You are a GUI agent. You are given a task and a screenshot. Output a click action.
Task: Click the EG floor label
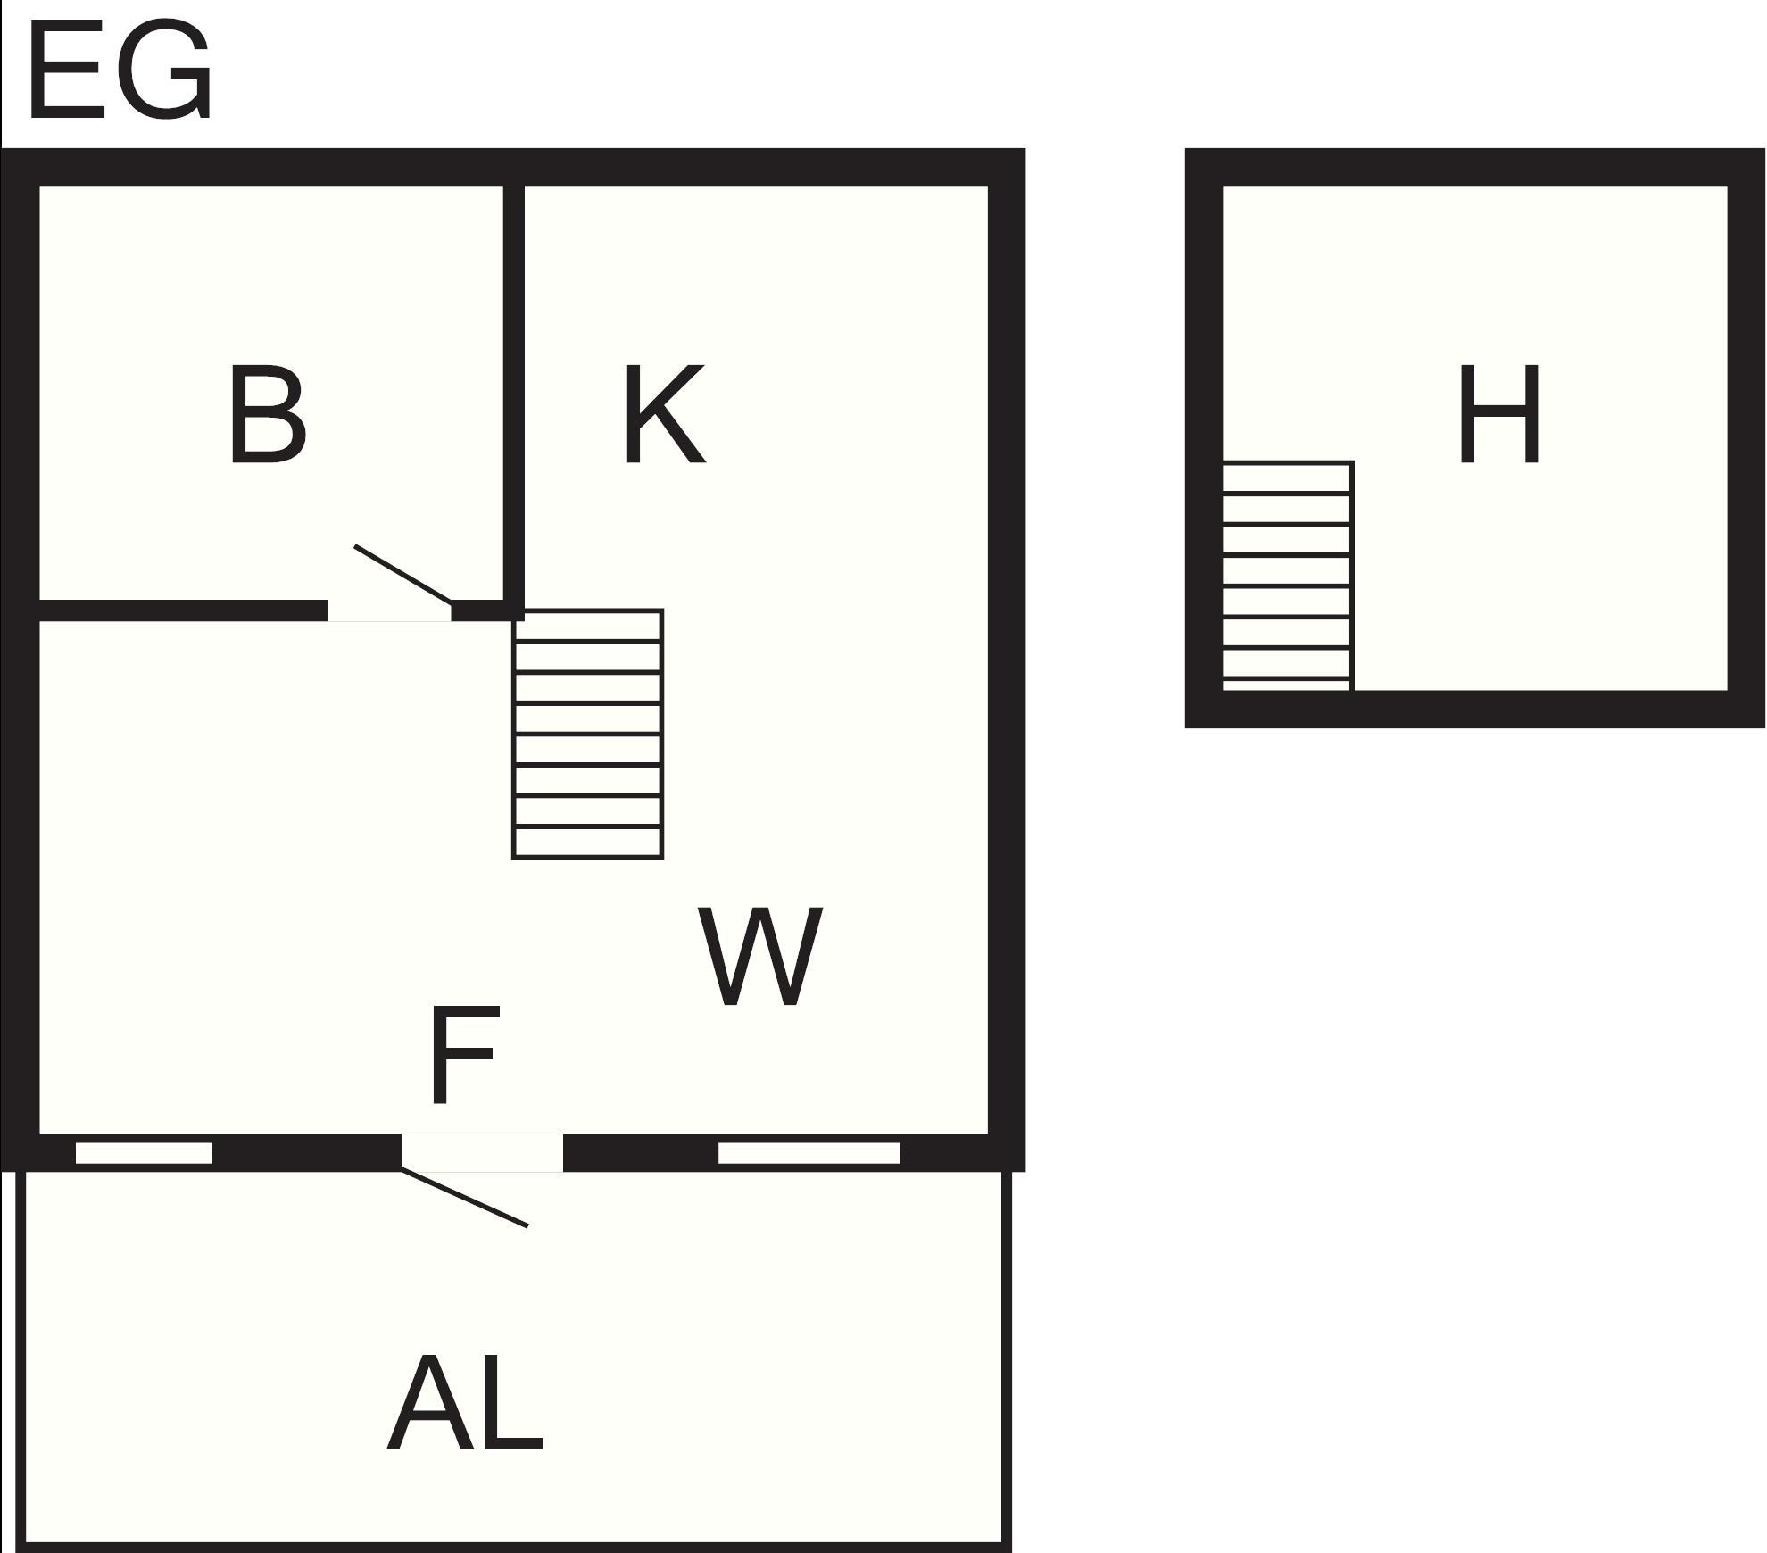point(120,71)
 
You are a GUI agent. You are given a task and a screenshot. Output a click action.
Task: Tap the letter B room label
point(268,415)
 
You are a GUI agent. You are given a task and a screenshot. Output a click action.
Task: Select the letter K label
point(664,415)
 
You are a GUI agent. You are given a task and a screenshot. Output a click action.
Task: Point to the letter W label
point(759,957)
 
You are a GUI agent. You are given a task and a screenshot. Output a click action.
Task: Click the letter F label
point(462,1055)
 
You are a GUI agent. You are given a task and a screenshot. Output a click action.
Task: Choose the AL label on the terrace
point(465,1402)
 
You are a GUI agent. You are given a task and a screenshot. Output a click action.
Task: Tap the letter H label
point(1499,415)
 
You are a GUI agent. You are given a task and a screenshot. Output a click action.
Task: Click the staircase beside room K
point(587,734)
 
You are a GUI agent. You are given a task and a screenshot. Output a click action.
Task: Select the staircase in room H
point(1287,576)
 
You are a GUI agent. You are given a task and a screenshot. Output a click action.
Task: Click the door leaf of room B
point(403,574)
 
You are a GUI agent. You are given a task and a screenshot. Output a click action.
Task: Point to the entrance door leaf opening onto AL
point(464,1198)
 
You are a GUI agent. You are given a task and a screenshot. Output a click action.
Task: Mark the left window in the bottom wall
point(144,1153)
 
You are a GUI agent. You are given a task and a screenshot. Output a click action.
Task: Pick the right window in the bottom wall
point(809,1153)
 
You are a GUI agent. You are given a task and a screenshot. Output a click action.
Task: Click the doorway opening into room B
point(389,611)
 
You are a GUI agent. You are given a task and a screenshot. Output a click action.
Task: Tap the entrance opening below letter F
point(482,1152)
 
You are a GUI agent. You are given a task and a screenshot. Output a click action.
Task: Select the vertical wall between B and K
point(513,393)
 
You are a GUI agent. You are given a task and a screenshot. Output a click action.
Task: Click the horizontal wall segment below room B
point(183,611)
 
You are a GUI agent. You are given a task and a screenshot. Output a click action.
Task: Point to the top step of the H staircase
point(1287,478)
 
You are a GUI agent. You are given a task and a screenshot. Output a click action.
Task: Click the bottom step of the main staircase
point(587,843)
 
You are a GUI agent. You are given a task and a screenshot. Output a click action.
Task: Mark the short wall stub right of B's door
point(487,611)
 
